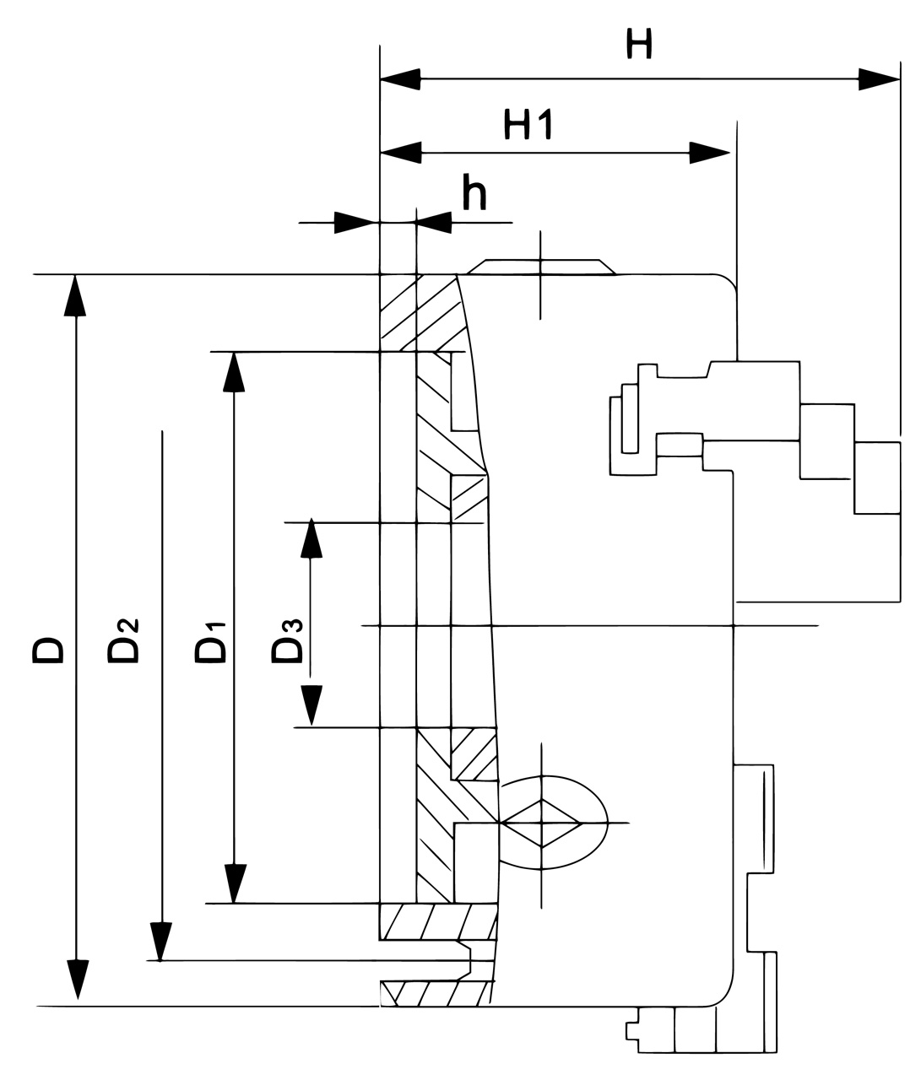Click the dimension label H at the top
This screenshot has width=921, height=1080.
pos(640,45)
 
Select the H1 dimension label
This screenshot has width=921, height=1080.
pos(528,125)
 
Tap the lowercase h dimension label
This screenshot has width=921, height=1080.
pos(474,193)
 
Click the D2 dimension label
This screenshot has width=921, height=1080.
pos(123,640)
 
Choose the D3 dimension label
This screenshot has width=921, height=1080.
pos(286,640)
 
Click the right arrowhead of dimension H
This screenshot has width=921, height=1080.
pos(879,80)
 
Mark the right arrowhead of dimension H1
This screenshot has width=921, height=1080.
pos(708,153)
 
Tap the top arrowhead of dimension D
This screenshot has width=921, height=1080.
pos(77,294)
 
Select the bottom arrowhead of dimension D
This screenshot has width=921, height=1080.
pos(77,980)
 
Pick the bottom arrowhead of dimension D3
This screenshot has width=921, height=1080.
pos(312,705)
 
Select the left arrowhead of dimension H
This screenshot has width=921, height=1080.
pos(400,80)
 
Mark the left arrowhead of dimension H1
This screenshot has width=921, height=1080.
pos(400,153)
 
